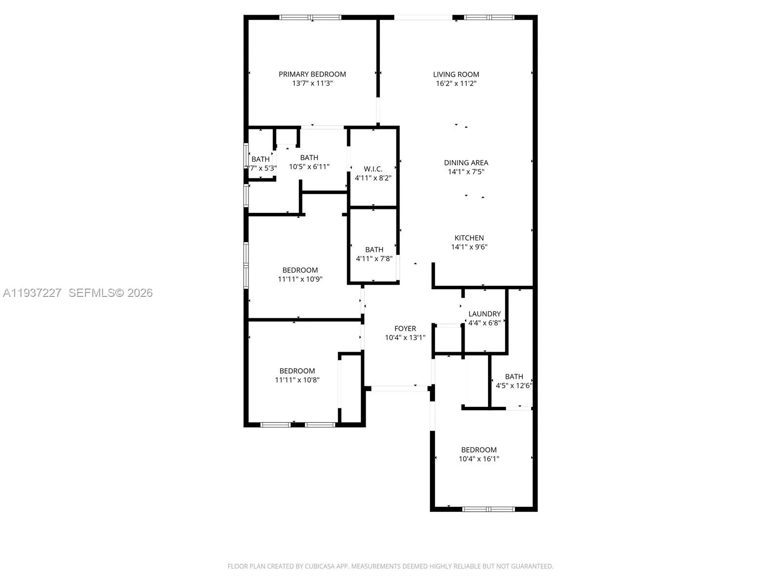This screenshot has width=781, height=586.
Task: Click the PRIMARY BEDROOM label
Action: pos(312,74)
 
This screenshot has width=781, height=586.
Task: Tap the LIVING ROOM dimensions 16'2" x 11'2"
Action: pos(456,84)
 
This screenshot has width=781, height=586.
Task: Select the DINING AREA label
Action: pos(466,163)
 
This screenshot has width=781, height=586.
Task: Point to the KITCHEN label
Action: pos(469,238)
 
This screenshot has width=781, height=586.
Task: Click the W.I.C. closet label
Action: pos(373,169)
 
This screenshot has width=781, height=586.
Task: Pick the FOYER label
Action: pos(405,329)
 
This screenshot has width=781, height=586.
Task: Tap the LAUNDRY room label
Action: pos(484,314)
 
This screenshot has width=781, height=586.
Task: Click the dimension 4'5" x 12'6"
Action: pos(514,385)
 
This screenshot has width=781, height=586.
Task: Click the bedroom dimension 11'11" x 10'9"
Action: pos(300,279)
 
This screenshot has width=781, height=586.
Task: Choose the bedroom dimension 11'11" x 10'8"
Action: pos(297,380)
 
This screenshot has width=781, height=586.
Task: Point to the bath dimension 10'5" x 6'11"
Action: pos(309,167)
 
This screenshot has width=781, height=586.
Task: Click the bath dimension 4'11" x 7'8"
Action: pos(374,258)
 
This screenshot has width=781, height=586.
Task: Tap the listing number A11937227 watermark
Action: pos(32,293)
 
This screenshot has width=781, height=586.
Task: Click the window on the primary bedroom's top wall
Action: pos(310,18)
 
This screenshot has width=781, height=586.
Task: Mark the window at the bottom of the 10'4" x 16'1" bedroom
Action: pos(488,509)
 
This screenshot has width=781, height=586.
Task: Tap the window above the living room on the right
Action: pos(489,18)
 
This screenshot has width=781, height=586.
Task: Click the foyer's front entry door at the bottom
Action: pos(399,388)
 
